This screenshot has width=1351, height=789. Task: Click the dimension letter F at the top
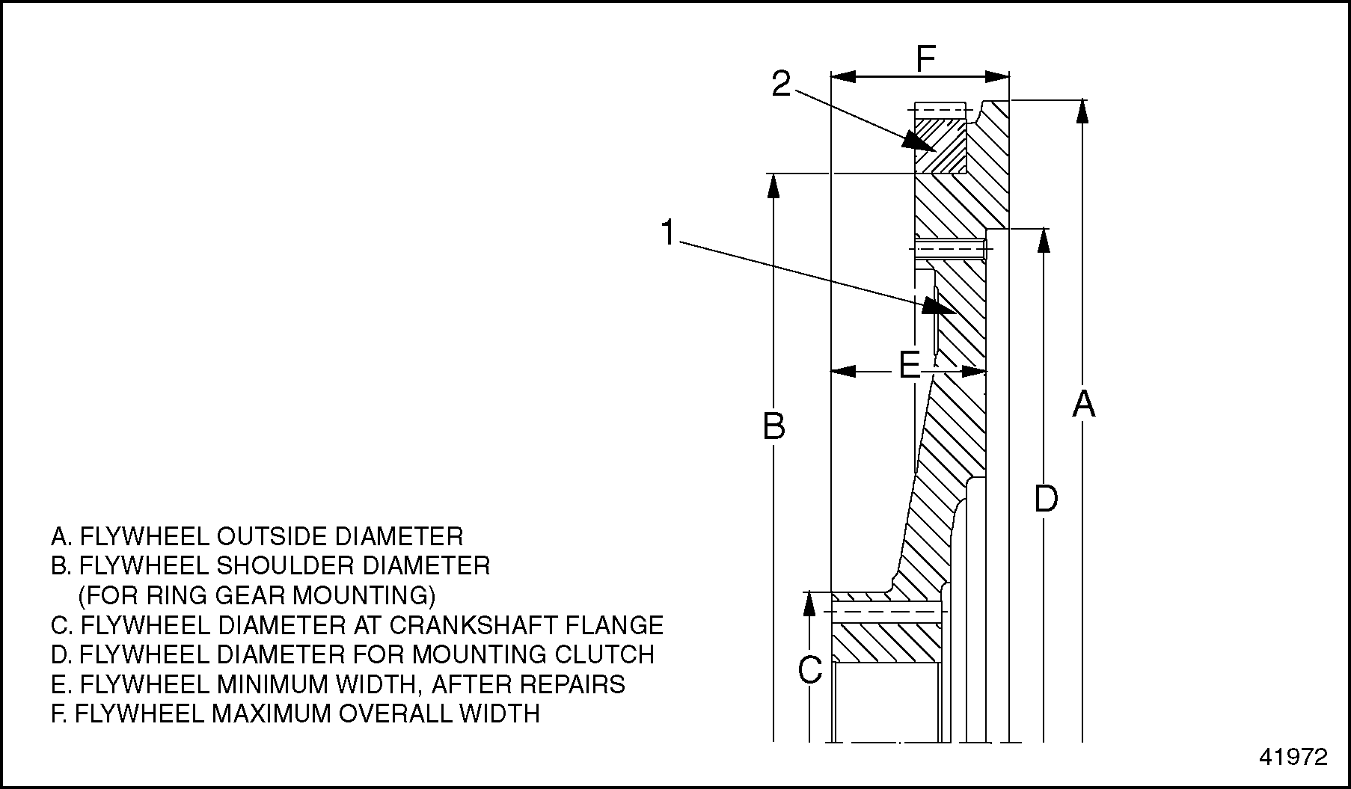(926, 59)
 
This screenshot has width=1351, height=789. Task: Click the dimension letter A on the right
(1084, 404)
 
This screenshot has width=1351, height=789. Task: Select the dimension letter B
(773, 426)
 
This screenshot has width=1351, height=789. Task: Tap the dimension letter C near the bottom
(810, 671)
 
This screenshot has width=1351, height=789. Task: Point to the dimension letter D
(1046, 499)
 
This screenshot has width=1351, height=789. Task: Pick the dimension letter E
(909, 366)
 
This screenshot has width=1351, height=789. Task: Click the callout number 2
(781, 85)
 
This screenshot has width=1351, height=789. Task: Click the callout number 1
(668, 233)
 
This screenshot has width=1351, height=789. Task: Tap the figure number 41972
(1293, 758)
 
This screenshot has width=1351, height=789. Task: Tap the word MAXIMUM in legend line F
(270, 713)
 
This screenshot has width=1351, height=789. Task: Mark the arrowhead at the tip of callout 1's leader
(940, 306)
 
